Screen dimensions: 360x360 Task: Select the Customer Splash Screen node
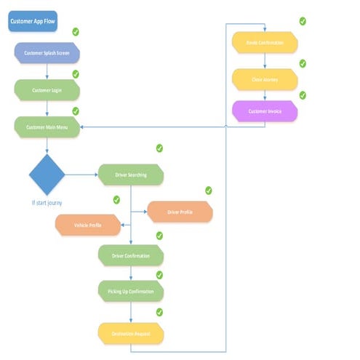(47, 53)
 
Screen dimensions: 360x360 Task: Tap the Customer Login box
(47, 89)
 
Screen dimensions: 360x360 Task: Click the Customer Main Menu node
(47, 127)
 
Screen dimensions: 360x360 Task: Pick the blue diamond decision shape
(47, 175)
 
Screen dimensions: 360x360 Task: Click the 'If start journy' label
(47, 203)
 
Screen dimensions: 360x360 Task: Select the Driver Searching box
(131, 175)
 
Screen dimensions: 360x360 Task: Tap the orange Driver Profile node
(180, 212)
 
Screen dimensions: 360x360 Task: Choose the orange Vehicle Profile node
(88, 225)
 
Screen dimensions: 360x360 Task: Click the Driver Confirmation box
(131, 256)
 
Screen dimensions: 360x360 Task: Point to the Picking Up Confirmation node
(131, 292)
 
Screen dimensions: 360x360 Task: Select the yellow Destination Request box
(131, 333)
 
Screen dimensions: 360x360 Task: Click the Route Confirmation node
(265, 42)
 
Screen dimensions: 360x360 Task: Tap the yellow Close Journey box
(265, 79)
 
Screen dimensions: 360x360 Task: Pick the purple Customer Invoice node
(265, 111)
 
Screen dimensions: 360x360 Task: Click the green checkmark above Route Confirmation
(303, 21)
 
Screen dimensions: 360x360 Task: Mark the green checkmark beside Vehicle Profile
(116, 200)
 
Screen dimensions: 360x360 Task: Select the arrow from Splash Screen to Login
(47, 71)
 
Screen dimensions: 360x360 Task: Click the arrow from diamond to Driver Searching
(81, 175)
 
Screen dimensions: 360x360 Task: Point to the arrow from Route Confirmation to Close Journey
(265, 60)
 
